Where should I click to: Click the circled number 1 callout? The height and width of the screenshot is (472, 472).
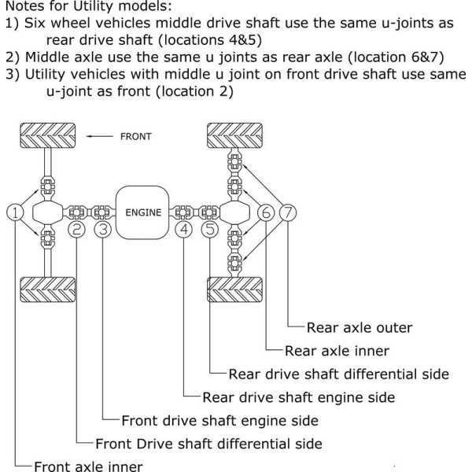pos(15,212)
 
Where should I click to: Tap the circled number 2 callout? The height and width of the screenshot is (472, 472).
pos(77,230)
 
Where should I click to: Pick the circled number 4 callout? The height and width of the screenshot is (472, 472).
pos(184,230)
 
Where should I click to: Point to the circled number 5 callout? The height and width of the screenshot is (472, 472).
pos(210,230)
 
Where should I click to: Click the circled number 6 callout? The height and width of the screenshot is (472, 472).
pos(266,212)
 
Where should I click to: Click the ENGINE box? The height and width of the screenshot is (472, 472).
pos(142,212)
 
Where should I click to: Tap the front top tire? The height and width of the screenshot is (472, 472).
pos(46,136)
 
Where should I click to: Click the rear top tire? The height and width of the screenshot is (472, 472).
pos(234,136)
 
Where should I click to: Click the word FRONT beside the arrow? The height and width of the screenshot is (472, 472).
pos(135,137)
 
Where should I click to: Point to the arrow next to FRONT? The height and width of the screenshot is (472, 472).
pos(100,137)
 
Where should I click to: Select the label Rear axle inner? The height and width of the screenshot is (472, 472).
pos(337,351)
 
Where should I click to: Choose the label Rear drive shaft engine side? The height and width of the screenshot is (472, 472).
pos(298,397)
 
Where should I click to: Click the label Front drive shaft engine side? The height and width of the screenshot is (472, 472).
pos(219,420)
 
